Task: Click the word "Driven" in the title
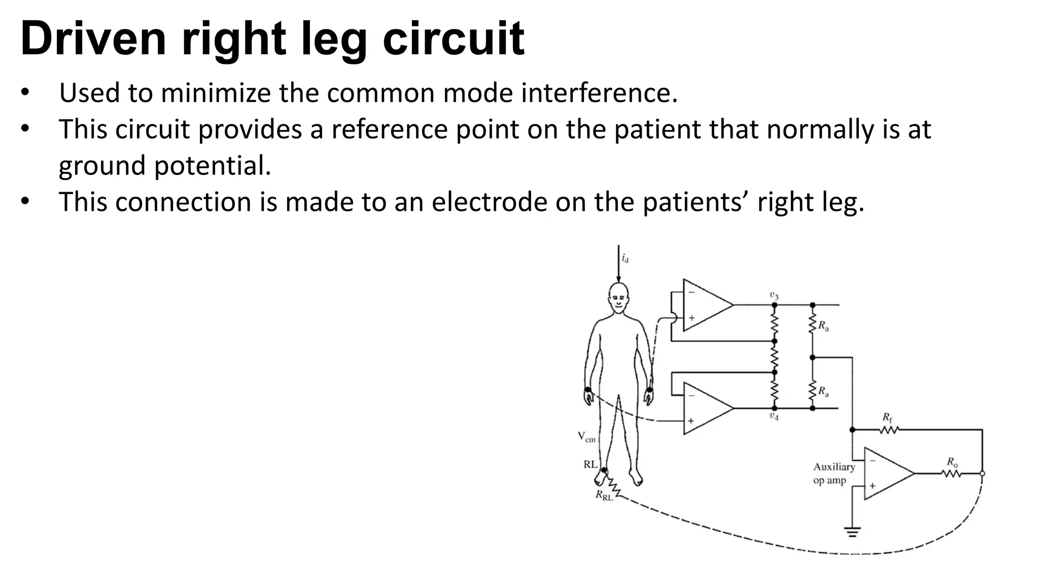click(x=93, y=39)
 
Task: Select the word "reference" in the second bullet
click(x=390, y=129)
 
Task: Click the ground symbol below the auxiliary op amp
click(x=852, y=532)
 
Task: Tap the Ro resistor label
click(x=952, y=462)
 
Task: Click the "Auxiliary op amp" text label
click(x=834, y=473)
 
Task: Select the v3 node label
click(x=774, y=296)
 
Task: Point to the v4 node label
click(x=774, y=416)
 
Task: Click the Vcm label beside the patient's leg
click(x=586, y=436)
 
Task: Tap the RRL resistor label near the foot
click(x=604, y=496)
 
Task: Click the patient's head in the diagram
click(x=618, y=299)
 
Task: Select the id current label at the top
click(x=625, y=258)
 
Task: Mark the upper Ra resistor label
click(x=823, y=326)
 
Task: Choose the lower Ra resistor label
click(x=823, y=391)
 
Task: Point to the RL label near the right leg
click(x=590, y=464)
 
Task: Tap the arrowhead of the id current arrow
click(x=618, y=279)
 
